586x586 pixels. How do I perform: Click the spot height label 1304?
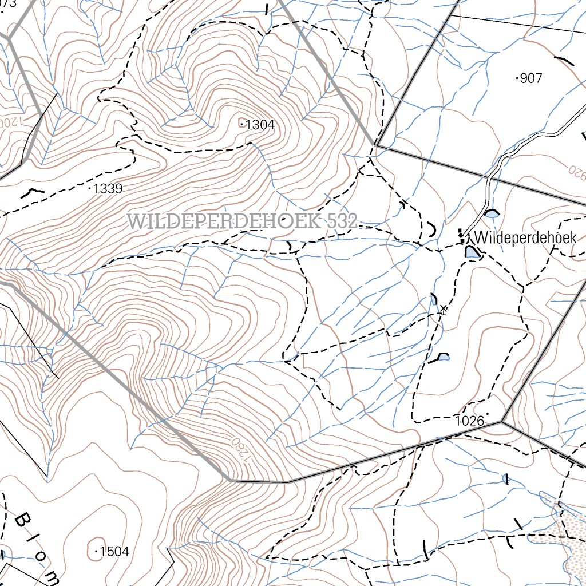coord(259,125)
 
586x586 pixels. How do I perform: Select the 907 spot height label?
coord(530,78)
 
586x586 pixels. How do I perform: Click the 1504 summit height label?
coord(114,552)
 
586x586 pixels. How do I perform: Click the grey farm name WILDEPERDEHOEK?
coord(223,221)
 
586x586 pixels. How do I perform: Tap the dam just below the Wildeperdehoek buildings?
coord(472,252)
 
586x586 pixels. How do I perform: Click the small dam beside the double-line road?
coord(492,213)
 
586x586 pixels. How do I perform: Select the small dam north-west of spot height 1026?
coord(444,357)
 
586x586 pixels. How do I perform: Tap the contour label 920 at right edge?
coord(577,170)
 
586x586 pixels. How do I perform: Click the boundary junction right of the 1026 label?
coord(502,422)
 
